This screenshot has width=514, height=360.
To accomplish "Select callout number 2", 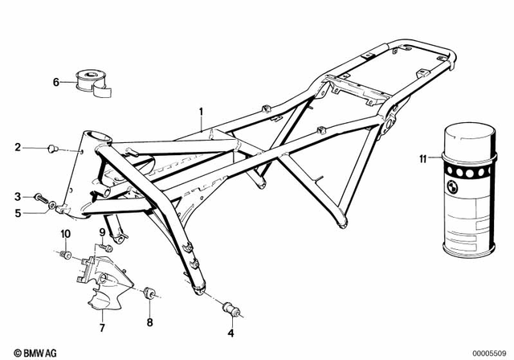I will tap(17, 147).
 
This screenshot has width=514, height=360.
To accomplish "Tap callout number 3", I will tap(17, 196).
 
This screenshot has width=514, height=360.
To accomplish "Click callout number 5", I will tap(17, 213).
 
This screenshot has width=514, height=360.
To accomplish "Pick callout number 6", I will tap(56, 80).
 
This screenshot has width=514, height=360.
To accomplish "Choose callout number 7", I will tap(102, 328).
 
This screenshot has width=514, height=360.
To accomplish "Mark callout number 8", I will tap(149, 324).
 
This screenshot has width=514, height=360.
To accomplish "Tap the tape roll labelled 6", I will tap(86, 82).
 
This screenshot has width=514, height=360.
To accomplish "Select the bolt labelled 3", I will tap(39, 197).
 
